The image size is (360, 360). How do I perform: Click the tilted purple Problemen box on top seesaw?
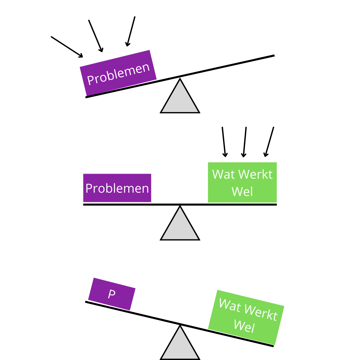[118, 73]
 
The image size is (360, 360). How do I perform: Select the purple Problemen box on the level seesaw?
[117, 188]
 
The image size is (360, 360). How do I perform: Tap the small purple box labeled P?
[112, 294]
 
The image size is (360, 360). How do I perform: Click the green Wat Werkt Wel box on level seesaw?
[242, 182]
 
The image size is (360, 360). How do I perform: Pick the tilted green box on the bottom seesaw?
[246, 317]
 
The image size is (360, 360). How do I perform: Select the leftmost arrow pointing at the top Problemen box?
[67, 47]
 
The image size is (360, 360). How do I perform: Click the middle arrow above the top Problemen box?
[96, 36]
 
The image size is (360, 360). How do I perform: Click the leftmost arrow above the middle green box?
[224, 142]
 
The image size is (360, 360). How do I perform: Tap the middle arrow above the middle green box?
[245, 142]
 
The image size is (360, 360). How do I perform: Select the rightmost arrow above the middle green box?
[269, 142]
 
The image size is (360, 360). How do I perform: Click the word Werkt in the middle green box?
[256, 174]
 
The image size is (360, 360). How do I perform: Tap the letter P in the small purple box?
[112, 294]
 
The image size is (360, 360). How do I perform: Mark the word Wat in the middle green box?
[223, 174]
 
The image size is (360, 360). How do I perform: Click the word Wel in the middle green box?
[242, 192]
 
